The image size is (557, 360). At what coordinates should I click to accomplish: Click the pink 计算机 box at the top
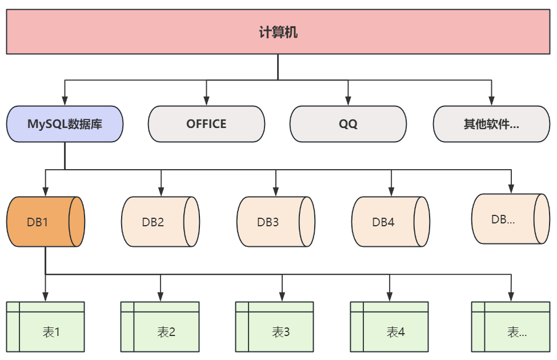tap(278, 32)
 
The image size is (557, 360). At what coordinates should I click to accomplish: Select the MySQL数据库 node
tap(65, 123)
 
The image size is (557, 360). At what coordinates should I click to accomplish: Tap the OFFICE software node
tap(206, 123)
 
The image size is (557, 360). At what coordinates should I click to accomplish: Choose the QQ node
tap(348, 123)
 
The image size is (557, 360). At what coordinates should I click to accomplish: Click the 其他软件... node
tap(491, 123)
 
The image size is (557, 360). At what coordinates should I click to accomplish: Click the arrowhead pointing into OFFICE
tap(206, 101)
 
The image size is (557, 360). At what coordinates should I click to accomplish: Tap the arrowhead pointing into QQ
tap(348, 101)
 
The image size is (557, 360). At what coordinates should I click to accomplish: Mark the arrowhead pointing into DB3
tap(275, 191)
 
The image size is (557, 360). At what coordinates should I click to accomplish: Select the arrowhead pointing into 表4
tap(390, 296)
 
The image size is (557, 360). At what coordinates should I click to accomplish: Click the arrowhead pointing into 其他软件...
tap(491, 101)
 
